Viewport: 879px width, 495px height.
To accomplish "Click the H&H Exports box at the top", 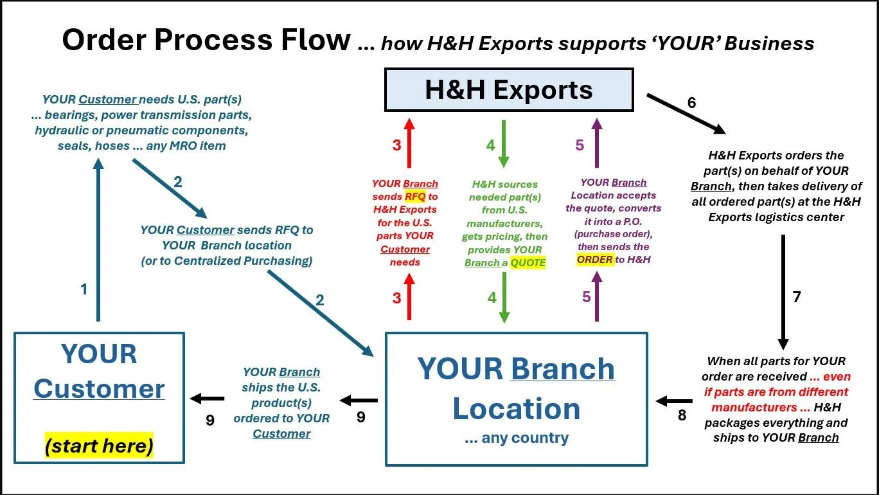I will (508, 89).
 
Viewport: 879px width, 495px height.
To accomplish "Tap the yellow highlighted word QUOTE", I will (528, 262).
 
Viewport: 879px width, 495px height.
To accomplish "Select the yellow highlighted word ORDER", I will (594, 259).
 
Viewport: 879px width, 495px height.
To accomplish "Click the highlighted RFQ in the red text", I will (414, 197).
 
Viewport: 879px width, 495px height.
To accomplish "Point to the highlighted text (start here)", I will (99, 446).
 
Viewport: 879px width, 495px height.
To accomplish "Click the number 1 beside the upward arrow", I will (84, 289).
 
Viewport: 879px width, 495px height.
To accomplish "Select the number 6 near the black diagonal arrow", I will (691, 102).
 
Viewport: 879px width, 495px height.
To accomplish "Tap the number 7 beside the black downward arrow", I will (797, 297).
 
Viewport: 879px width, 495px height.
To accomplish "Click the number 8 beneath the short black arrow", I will (682, 416).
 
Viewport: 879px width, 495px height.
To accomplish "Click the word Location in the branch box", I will (516, 409).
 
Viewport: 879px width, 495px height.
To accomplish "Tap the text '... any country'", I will (516, 438).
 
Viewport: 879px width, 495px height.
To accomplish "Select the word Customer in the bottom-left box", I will (99, 389).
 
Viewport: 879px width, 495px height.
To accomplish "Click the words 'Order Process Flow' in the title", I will (206, 40).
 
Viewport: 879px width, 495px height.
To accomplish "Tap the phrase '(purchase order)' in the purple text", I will (613, 234).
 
